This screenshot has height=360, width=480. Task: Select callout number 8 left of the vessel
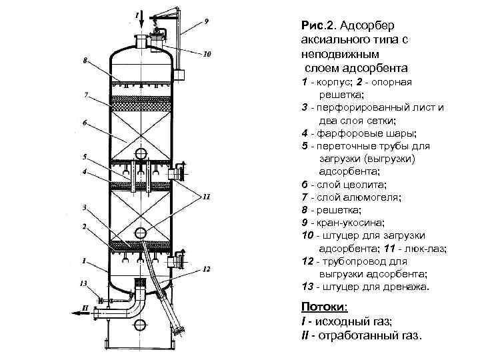pos(85,61)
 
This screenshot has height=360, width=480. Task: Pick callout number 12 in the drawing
pos(207,269)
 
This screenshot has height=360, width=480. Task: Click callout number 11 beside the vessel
pos(207,197)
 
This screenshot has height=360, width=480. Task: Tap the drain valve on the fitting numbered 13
pos(99,298)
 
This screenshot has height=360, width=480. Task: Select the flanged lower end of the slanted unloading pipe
pos(179,329)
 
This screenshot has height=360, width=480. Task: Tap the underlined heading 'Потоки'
pos(323,307)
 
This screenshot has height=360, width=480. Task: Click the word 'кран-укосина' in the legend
pos(347,222)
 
